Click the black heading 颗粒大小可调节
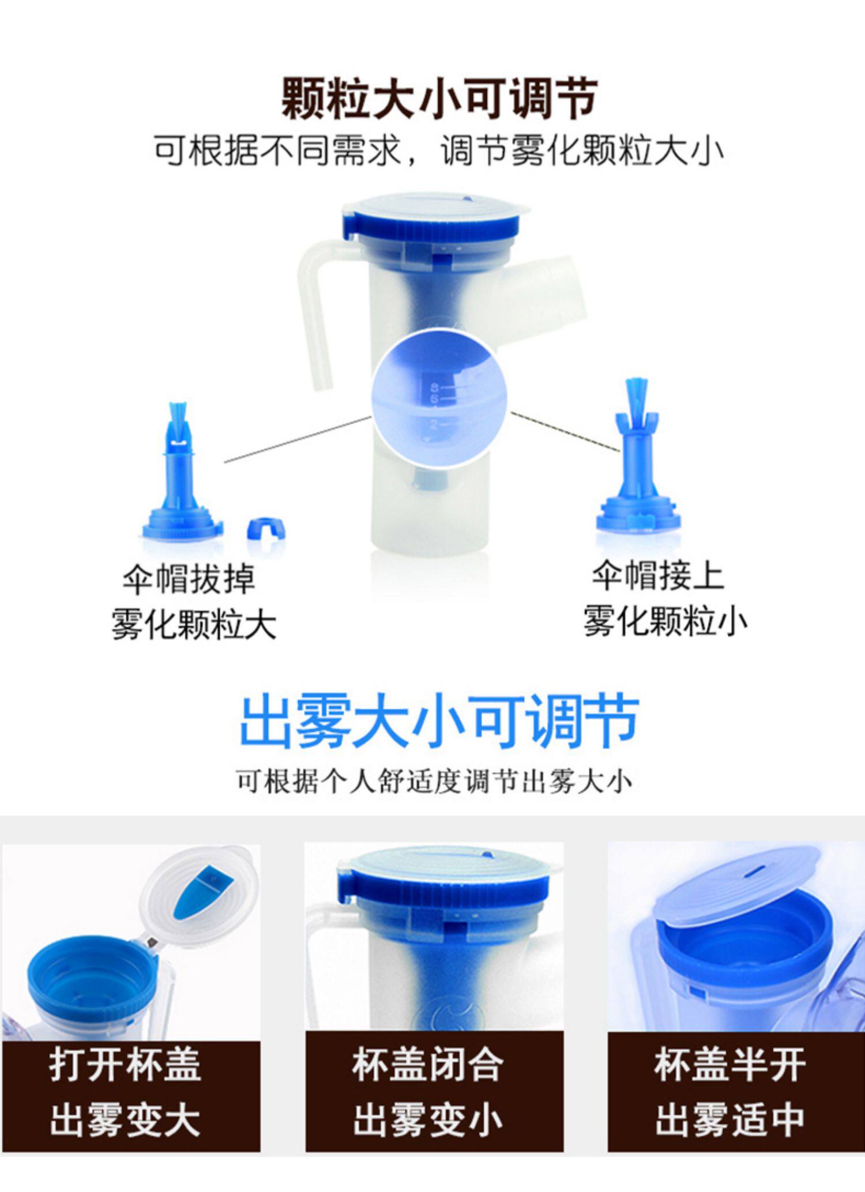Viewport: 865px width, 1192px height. tap(439, 100)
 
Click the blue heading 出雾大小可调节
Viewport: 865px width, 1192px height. tap(439, 721)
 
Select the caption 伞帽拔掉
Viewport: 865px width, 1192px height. tap(189, 579)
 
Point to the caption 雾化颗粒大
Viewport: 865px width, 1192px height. tap(194, 624)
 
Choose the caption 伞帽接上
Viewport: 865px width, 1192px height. tap(658, 575)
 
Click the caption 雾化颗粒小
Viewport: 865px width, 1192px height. tap(665, 621)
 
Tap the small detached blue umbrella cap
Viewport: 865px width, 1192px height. tap(266, 528)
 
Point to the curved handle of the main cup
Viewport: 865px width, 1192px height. tap(317, 311)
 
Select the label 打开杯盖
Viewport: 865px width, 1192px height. tap(125, 1065)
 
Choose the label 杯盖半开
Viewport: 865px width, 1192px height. tap(730, 1065)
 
